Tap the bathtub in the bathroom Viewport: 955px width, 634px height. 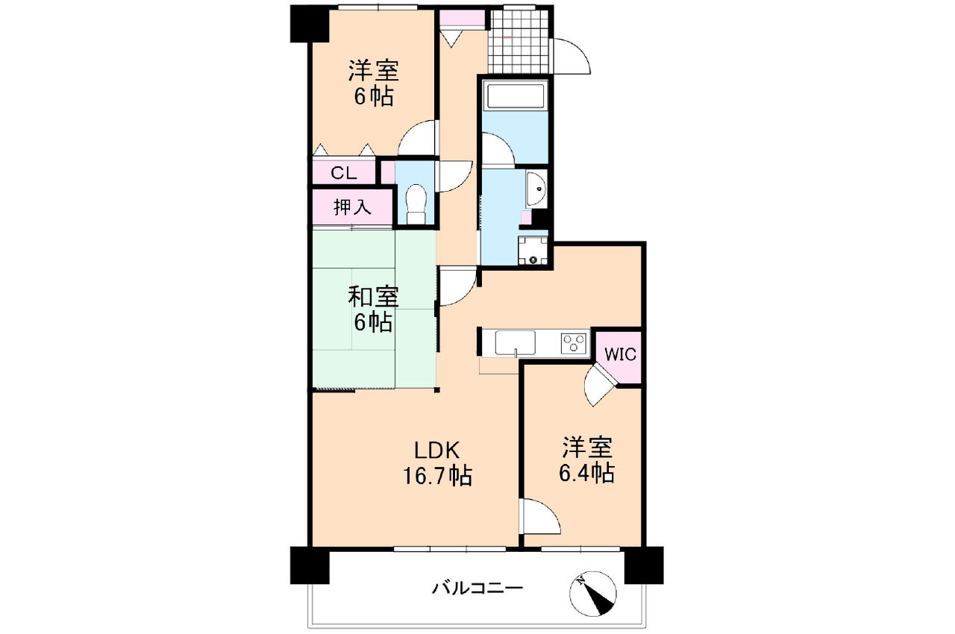point(515,97)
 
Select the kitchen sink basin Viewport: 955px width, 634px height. point(515,343)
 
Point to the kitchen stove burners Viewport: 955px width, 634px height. point(574,343)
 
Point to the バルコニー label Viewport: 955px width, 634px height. point(477,589)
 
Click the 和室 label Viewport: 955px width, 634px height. point(373,297)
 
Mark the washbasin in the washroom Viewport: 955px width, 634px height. point(536,189)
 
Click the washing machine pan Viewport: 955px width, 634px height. point(532,251)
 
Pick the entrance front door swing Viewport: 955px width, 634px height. point(571,56)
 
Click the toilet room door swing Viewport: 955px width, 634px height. point(451,176)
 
